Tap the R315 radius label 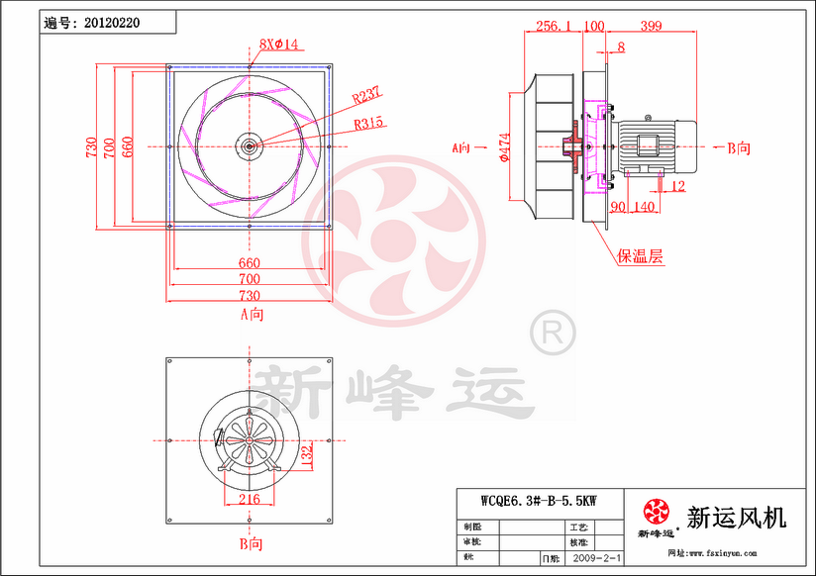[369, 124]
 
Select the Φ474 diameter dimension [504, 147]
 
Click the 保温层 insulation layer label [641, 256]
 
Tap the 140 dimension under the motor [644, 207]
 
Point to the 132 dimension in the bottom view [307, 455]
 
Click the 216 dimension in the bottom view [250, 500]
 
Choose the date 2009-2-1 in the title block [598, 559]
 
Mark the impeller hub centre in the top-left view [250, 146]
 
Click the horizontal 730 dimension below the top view [250, 296]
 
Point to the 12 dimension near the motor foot [678, 186]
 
